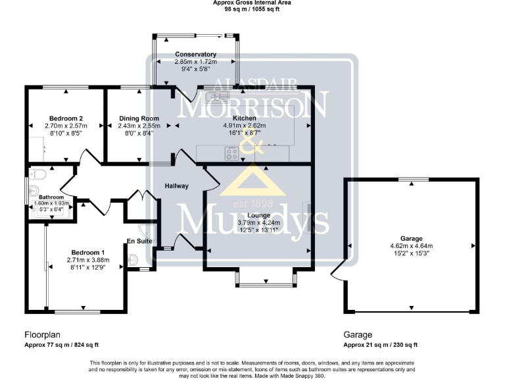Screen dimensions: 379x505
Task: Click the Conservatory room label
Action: [x=196, y=55]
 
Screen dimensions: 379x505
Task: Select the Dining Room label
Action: [x=136, y=118]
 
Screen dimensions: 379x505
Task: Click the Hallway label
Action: [x=176, y=186]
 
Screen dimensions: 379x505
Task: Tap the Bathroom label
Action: [x=51, y=197]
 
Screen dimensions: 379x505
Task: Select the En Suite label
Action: [x=140, y=242]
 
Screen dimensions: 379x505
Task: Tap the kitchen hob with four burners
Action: [x=232, y=154]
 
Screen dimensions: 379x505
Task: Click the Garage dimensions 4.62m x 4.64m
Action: [x=412, y=246]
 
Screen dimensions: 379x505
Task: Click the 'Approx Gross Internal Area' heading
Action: [x=252, y=3]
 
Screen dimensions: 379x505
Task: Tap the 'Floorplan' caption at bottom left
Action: [x=43, y=334]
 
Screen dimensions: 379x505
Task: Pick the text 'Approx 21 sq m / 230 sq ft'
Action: [x=381, y=345]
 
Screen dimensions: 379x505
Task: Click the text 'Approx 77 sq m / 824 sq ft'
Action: [x=62, y=345]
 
